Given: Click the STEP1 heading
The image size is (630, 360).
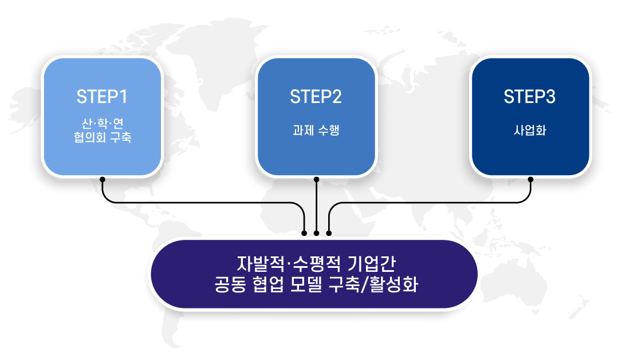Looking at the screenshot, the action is coord(102,97).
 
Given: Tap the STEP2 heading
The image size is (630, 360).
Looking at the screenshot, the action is coord(316,97).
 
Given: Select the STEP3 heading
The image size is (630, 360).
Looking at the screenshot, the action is coord(530,97).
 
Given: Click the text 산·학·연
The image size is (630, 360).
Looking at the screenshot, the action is coord(103,123).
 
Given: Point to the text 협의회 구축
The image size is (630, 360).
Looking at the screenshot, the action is coord(103,137).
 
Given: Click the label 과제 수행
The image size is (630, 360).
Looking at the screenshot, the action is coord(316,130).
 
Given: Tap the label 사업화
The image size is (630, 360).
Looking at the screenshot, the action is coord(530,130).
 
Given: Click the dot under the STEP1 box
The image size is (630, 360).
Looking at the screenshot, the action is coord(103,179).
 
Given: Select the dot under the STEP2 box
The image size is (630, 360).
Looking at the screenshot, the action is coord(316,179).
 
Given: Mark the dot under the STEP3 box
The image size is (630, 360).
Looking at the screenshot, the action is coord(530,179).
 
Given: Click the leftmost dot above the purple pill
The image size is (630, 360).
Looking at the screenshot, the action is coord(304,233).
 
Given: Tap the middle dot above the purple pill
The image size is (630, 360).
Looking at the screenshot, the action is coord(317,233).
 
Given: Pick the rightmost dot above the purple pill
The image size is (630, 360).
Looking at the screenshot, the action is coord(329,233).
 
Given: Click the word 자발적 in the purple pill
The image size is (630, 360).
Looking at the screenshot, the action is coord(261,264).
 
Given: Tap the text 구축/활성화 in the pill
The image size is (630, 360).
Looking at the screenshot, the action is coord(373,284).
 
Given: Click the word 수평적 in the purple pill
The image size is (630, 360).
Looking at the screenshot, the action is coord(316,264).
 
